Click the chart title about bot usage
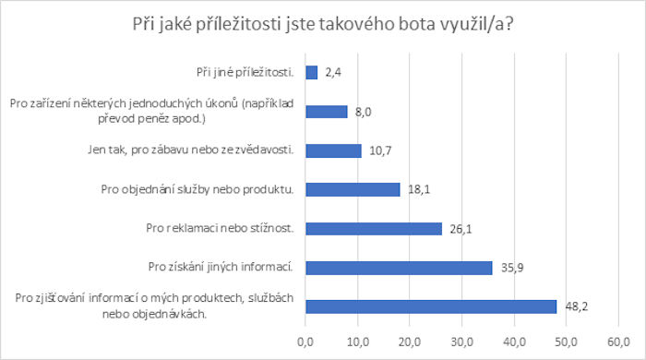323,26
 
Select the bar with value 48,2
431,306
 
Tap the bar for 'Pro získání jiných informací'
399,268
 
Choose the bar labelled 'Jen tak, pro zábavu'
333,150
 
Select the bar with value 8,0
326,112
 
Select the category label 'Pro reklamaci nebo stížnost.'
220,229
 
